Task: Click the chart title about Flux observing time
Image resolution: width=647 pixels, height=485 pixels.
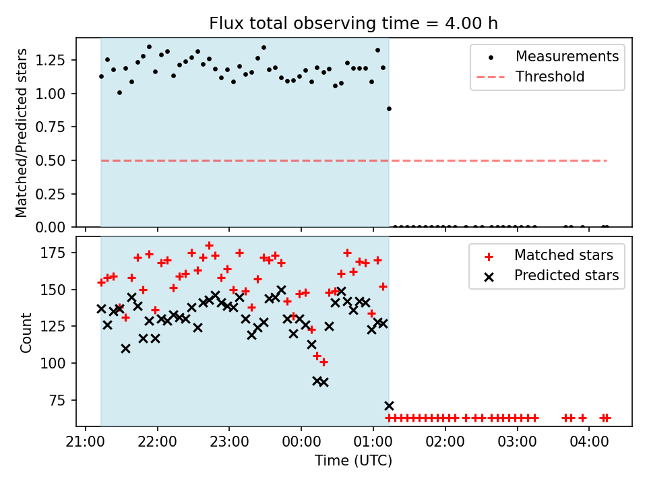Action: (x=353, y=24)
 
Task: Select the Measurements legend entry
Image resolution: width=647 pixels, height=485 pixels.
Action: (x=567, y=57)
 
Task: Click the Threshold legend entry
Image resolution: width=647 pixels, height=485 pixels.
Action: (x=550, y=77)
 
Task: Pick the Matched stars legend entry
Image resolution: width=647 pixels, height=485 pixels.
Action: (x=563, y=255)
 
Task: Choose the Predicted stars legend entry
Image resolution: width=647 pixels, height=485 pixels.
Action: (x=566, y=276)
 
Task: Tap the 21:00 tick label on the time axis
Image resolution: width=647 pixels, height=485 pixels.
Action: (x=85, y=445)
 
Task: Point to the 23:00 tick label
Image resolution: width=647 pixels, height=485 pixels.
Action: (x=229, y=445)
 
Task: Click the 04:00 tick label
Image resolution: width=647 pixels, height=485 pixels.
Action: (x=589, y=445)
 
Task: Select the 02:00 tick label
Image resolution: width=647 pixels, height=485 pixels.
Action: (x=445, y=445)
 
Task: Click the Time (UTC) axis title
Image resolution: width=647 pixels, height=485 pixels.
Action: (x=353, y=461)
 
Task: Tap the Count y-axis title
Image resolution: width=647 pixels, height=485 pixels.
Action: (x=26, y=333)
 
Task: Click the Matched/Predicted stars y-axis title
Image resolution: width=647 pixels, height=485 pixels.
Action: (x=22, y=133)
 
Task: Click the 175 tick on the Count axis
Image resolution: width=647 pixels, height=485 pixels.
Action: (x=58, y=253)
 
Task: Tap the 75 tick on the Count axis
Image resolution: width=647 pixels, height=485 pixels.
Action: (x=61, y=400)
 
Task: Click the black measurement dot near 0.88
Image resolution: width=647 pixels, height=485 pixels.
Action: (x=389, y=108)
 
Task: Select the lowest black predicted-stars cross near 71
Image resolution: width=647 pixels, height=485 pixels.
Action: (x=389, y=406)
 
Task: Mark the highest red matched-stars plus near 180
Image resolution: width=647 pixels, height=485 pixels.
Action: (x=209, y=245)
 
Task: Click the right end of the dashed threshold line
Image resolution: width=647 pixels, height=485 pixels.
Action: (x=607, y=160)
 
